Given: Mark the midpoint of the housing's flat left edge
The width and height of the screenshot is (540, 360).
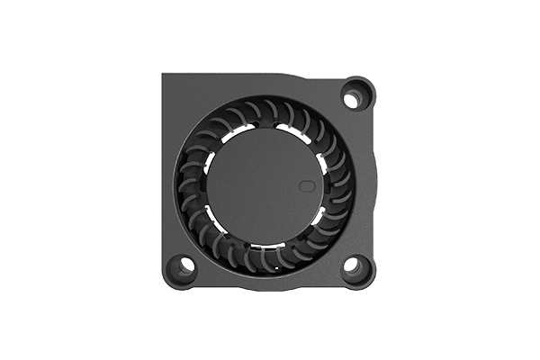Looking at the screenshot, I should click(x=165, y=180).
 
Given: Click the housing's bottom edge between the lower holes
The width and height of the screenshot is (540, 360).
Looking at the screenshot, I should click(x=270, y=286).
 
